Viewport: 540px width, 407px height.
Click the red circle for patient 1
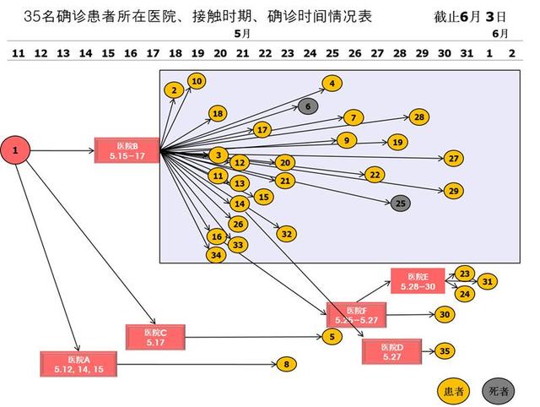click(17, 151)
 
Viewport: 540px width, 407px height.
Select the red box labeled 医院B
click(127, 151)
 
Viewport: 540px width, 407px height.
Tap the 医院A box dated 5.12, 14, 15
click(77, 363)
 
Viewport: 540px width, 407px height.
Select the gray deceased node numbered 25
click(401, 203)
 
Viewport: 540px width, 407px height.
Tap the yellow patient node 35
click(445, 351)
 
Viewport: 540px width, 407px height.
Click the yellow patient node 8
click(287, 364)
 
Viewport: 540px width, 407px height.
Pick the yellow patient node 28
click(419, 117)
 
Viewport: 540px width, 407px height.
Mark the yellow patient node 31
click(488, 282)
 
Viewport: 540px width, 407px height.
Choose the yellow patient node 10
click(197, 81)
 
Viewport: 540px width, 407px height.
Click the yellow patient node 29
click(454, 191)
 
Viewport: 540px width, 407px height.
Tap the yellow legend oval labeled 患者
click(451, 390)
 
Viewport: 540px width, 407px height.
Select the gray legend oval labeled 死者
click(499, 390)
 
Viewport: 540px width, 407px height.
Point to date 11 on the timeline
click(17, 53)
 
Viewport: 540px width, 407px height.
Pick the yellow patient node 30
click(445, 314)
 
